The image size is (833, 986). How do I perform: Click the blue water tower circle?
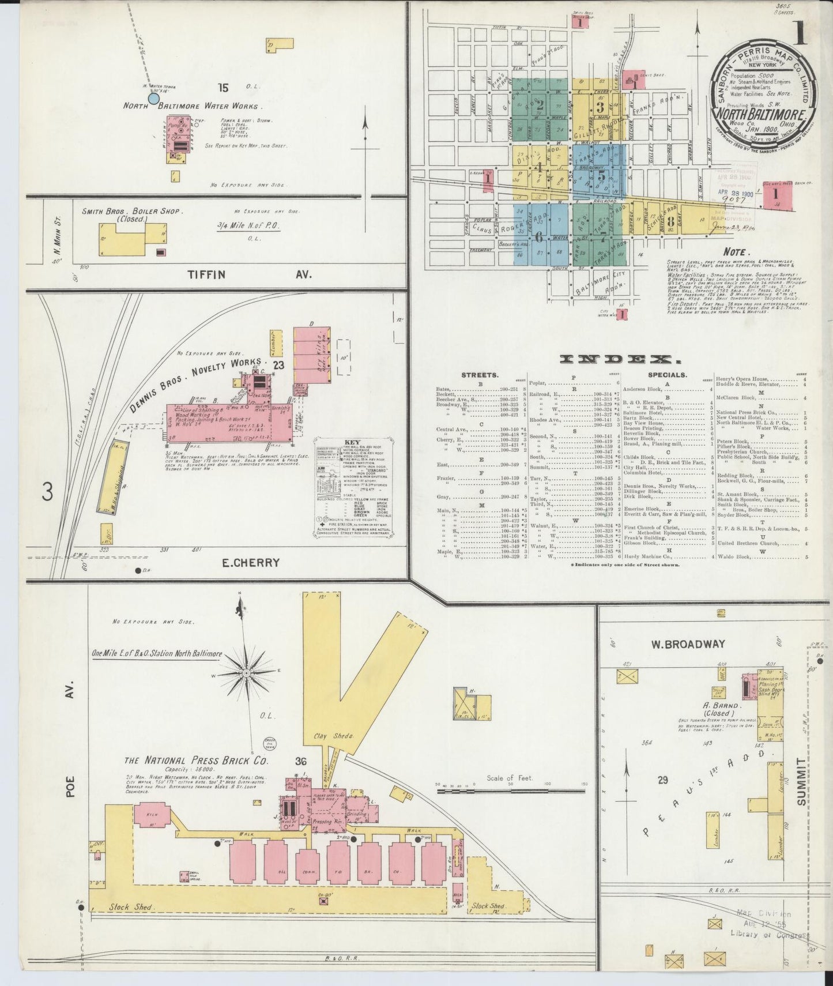[x=153, y=98]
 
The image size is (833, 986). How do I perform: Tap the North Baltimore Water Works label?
[x=193, y=106]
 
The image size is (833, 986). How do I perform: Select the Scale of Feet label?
[x=510, y=778]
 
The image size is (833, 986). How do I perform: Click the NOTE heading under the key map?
[x=737, y=252]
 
